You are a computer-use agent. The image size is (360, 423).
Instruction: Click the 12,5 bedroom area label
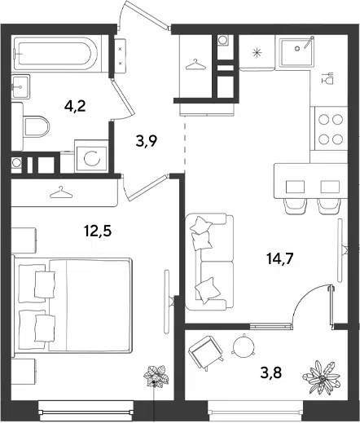[x=98, y=231]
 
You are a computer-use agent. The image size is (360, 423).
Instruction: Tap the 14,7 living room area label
[x=280, y=258]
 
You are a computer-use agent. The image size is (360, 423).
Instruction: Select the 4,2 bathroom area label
[x=75, y=106]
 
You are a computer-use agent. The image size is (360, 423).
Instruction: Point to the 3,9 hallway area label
[x=147, y=141]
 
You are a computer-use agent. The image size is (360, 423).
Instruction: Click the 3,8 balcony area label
[x=271, y=372]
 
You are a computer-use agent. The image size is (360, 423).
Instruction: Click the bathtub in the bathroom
[x=55, y=54]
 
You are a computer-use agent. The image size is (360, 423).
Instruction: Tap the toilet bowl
[x=37, y=127]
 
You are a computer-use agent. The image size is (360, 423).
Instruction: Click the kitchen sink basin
[x=297, y=52]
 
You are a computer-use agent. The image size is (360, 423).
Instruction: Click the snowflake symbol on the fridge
[x=257, y=52]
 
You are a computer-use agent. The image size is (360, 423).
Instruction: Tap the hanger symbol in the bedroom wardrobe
[x=61, y=192]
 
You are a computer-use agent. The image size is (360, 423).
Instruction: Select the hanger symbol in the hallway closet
[x=195, y=65]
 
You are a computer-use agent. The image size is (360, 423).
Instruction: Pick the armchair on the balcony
[x=206, y=353]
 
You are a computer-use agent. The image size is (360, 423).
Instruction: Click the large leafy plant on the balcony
[x=322, y=377]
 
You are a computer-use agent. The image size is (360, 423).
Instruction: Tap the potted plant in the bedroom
[x=156, y=376]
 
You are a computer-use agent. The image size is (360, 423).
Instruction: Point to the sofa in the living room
[x=209, y=262]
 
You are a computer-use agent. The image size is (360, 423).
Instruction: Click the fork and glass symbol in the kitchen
[x=327, y=78]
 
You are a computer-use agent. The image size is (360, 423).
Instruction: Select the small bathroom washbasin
[x=20, y=86]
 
